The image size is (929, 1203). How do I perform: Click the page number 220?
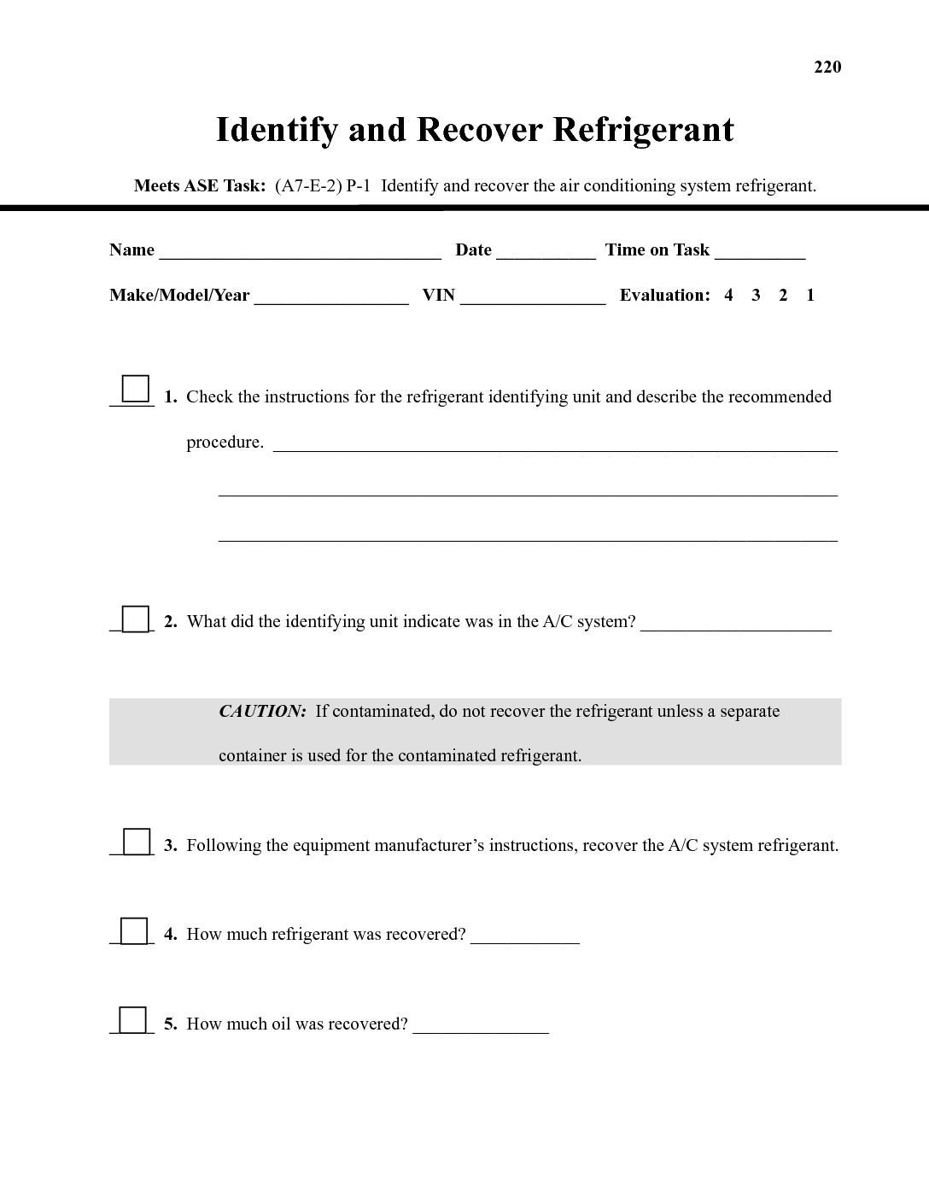point(827,67)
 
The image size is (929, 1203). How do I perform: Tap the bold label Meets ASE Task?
point(200,185)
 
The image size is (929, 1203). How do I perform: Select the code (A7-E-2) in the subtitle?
point(308,185)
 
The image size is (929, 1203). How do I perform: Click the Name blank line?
point(300,253)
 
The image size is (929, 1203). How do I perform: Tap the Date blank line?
point(546,253)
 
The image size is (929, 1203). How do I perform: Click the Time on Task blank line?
point(760,253)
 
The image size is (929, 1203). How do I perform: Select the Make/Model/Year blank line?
point(331,298)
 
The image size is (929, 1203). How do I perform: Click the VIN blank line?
point(533,298)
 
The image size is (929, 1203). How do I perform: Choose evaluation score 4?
point(728,296)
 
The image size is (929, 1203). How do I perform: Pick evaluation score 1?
point(810,296)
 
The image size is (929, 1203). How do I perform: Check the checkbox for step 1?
point(136,389)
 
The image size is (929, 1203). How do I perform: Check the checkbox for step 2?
point(135,619)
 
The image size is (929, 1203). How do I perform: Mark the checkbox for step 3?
point(137,842)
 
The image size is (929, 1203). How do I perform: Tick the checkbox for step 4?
point(134,930)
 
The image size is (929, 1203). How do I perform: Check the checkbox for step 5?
point(132,1020)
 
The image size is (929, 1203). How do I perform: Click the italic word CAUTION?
point(262,712)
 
